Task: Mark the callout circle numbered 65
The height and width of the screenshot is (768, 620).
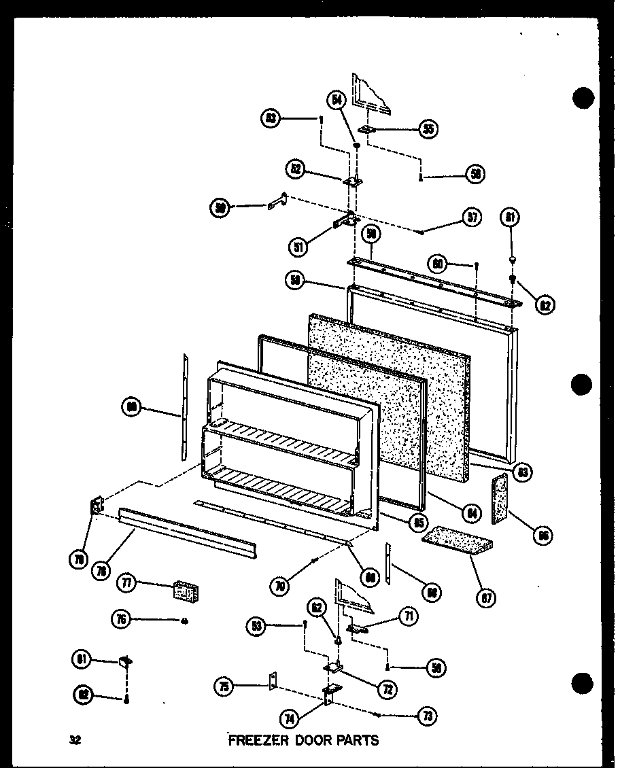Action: coord(418,522)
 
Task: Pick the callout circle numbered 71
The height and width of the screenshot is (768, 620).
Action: coord(409,616)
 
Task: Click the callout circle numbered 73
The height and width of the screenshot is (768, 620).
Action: coord(428,715)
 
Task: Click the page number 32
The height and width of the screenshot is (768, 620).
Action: coord(74,740)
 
